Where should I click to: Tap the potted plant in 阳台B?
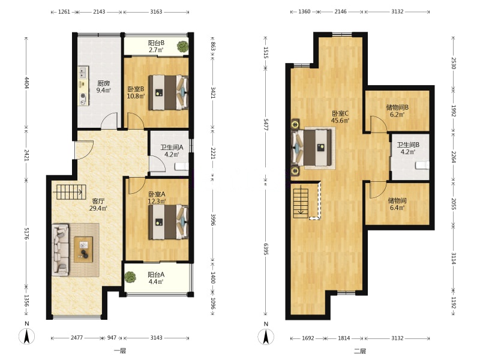tap(182, 47)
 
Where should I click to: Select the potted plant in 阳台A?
tap(130, 277)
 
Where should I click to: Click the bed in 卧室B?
tap(168, 92)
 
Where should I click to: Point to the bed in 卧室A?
tap(168, 222)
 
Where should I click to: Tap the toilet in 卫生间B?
tap(422, 166)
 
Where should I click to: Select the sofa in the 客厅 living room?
tap(61, 250)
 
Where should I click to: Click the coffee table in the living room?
tap(83, 250)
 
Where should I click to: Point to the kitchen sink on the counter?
tap(83, 72)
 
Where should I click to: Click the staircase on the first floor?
tap(69, 192)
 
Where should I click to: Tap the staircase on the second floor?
tap(301, 203)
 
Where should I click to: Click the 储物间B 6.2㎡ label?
tap(397, 111)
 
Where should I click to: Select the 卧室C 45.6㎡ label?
tap(340, 116)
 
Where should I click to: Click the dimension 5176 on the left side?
tap(26, 233)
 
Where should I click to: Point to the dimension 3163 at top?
tap(156, 12)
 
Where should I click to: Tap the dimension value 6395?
tap(266, 250)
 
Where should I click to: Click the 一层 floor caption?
tap(119, 351)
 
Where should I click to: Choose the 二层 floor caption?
tap(360, 351)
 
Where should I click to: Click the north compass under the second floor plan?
tap(266, 336)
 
